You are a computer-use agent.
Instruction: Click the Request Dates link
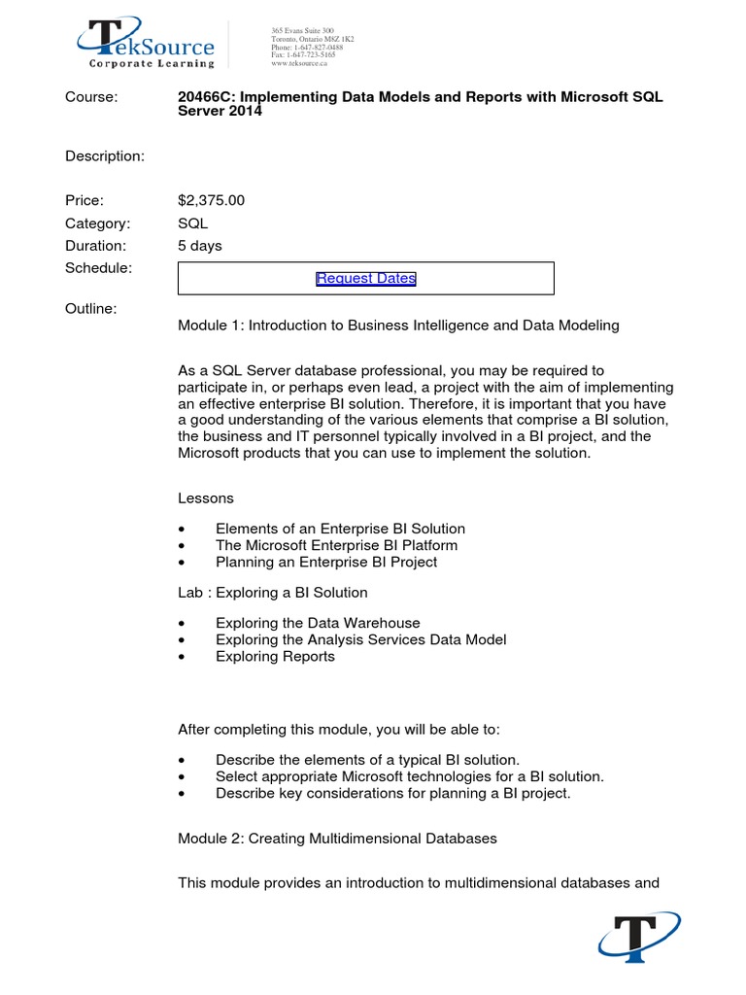[365, 279]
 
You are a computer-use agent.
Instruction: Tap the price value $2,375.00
[211, 200]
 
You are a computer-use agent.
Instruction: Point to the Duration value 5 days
[199, 246]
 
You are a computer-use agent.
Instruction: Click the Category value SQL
[192, 223]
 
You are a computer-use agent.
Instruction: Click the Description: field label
[105, 156]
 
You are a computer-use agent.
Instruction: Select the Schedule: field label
[98, 267]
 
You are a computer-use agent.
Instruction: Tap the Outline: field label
[90, 308]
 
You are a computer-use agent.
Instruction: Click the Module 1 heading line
[398, 326]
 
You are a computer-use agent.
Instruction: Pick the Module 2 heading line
[337, 838]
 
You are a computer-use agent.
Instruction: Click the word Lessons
[205, 497]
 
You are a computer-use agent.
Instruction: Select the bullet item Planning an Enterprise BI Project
[326, 562]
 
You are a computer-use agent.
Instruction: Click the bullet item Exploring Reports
[275, 656]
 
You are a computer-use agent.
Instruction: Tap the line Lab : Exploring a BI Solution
[272, 592]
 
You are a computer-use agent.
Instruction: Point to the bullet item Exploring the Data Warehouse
[318, 623]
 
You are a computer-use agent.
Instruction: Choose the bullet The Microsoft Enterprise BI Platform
[336, 545]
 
